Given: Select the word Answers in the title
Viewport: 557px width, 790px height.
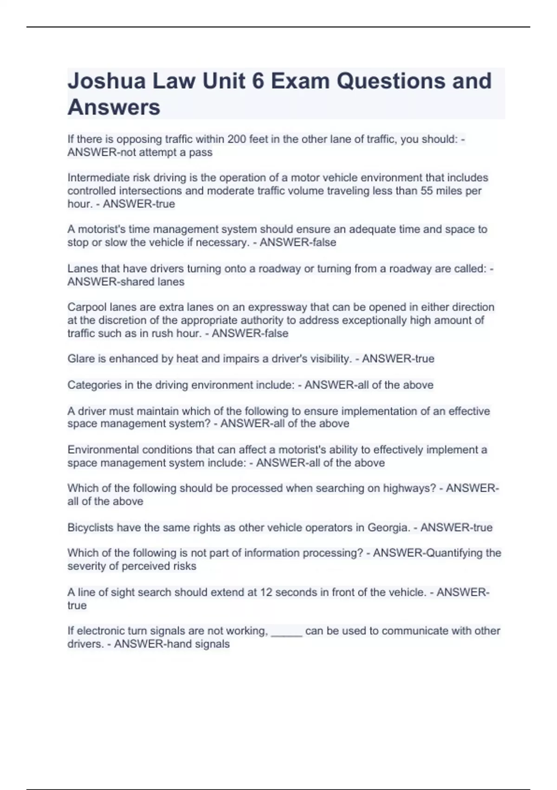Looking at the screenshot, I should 114,107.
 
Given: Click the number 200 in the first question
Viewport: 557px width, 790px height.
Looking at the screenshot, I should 237,139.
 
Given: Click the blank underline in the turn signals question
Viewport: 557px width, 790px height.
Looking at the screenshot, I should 286,632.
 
